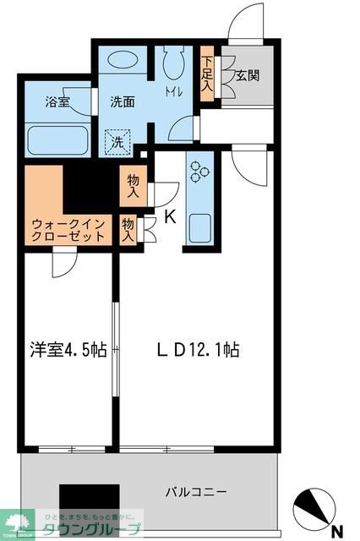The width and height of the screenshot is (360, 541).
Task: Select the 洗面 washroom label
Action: pyautogui.click(x=122, y=101)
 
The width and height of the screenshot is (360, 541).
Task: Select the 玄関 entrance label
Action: pyautogui.click(x=247, y=75)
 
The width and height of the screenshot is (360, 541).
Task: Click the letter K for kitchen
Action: pyautogui.click(x=169, y=217)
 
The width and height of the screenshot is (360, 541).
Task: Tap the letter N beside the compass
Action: pyautogui.click(x=337, y=530)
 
